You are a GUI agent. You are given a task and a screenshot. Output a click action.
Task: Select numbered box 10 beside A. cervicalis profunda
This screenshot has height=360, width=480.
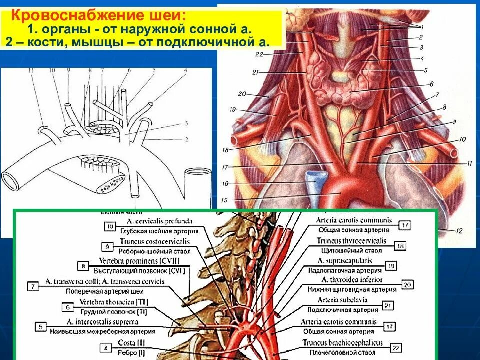point(110,226)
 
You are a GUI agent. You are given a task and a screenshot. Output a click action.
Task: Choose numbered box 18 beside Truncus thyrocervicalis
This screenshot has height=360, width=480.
point(400,246)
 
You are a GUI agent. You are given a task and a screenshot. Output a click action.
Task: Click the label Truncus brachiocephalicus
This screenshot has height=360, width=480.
point(343,343)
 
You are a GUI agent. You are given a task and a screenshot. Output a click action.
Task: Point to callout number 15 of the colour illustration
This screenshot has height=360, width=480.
point(224,200)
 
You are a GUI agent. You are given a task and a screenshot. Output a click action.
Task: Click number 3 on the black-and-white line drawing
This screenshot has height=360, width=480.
point(186,123)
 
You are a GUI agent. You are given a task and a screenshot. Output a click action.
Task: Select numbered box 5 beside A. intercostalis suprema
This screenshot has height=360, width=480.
point(39,327)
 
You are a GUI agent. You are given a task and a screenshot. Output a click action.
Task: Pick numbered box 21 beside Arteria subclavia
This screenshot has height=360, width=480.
point(387,305)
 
